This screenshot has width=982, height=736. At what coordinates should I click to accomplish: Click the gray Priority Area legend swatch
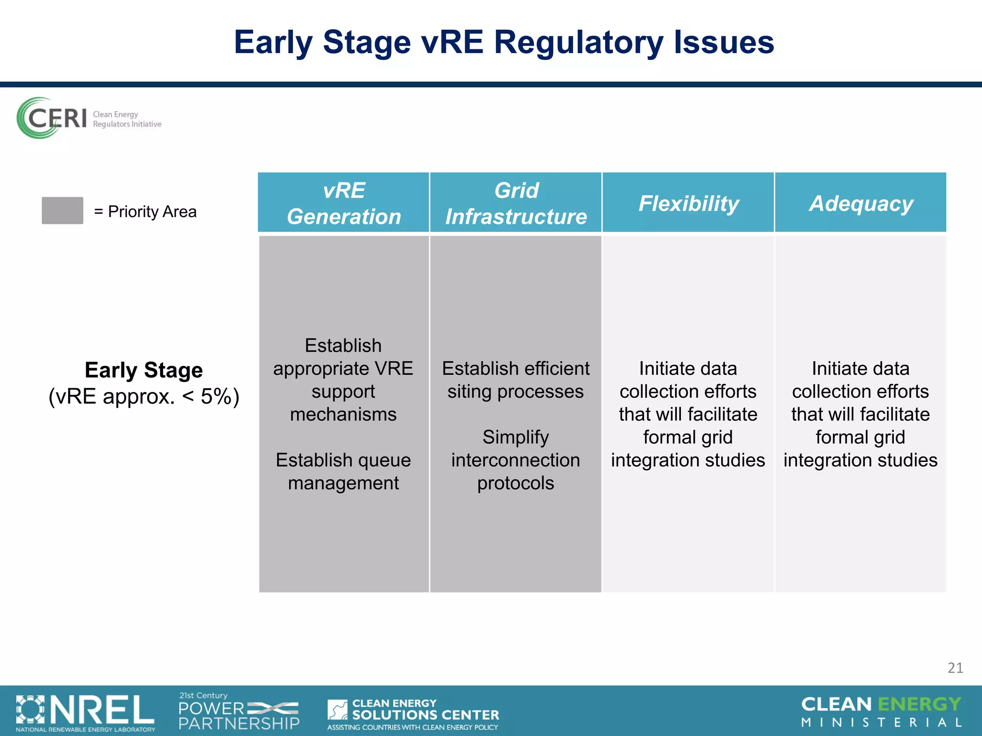click(x=62, y=210)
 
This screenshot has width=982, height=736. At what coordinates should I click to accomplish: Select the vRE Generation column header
click(x=344, y=203)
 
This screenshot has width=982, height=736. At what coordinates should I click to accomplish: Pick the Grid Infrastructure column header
click(x=516, y=203)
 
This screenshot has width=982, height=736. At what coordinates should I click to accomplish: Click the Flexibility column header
click(x=689, y=203)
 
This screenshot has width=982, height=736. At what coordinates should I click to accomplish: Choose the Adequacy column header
click(x=861, y=203)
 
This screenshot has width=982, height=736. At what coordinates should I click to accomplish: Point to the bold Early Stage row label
click(x=144, y=370)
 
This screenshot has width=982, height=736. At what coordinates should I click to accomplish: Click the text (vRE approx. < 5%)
click(x=144, y=397)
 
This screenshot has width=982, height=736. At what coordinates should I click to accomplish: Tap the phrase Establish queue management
click(x=343, y=471)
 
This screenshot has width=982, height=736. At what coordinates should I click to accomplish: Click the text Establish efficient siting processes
click(x=515, y=380)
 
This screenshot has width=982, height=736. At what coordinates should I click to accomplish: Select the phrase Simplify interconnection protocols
click(x=515, y=460)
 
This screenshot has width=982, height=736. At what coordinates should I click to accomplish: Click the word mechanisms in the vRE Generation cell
click(x=343, y=414)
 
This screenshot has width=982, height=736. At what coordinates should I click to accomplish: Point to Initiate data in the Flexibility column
click(x=688, y=368)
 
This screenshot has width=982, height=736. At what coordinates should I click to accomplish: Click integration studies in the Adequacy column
click(x=860, y=460)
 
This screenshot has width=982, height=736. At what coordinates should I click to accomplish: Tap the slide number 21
click(x=955, y=668)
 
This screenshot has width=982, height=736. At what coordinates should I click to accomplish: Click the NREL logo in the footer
click(x=85, y=712)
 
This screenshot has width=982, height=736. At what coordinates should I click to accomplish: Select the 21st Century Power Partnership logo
click(x=239, y=712)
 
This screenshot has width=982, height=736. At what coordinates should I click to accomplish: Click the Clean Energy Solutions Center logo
click(x=413, y=714)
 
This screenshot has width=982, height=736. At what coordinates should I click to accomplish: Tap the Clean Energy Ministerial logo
click(x=881, y=712)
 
